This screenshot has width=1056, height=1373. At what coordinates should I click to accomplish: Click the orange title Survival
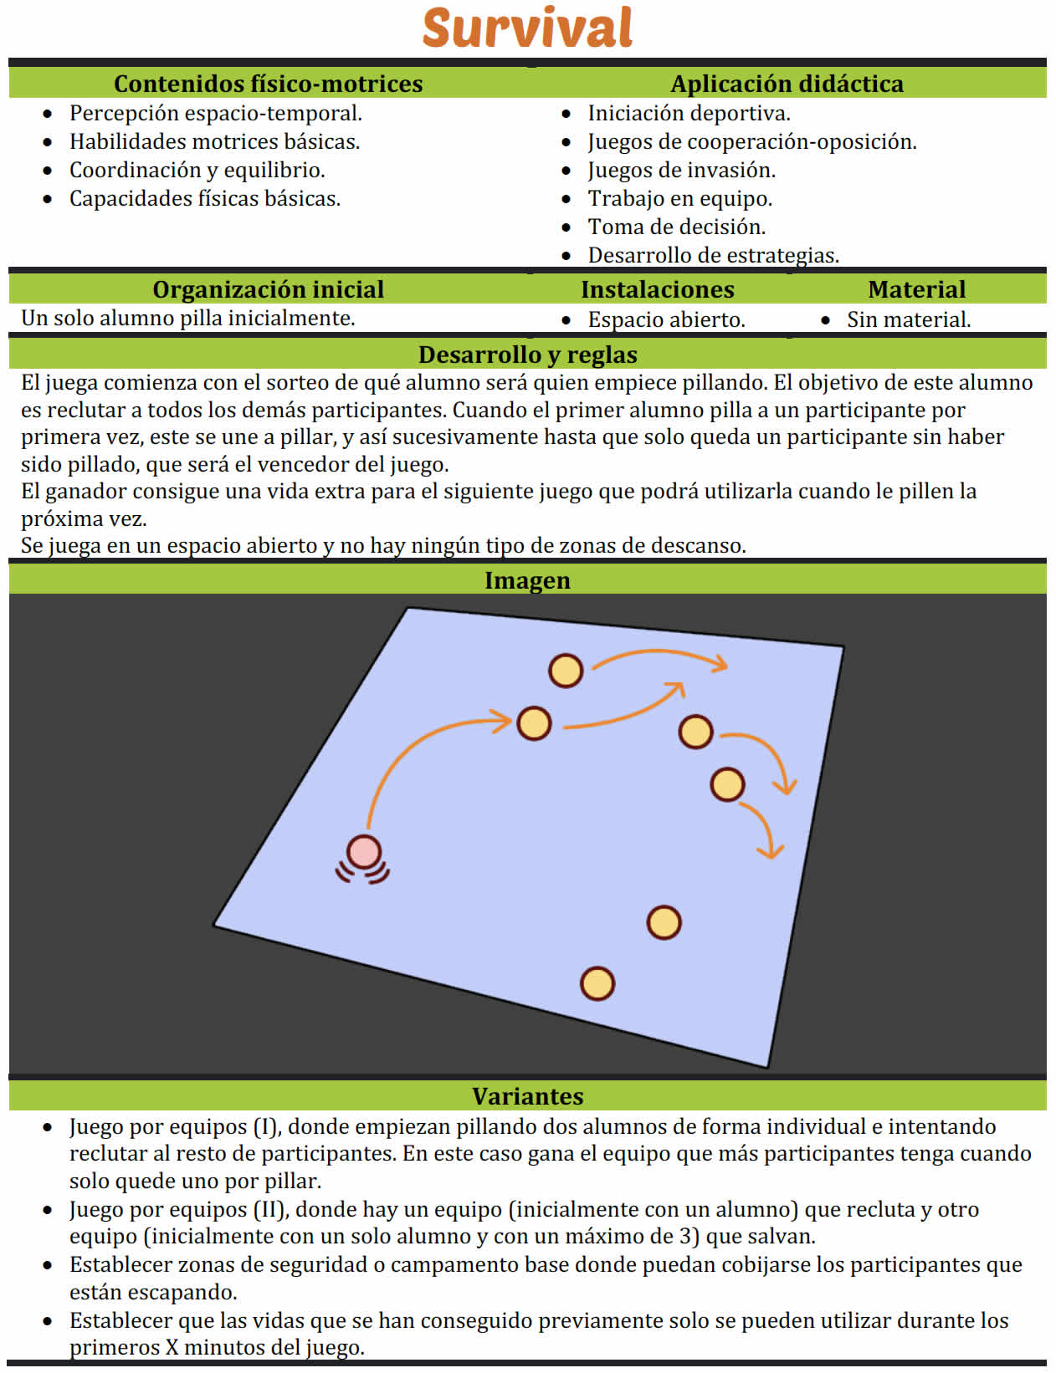pyautogui.click(x=527, y=28)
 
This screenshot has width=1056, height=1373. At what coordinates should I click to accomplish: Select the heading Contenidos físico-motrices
pyautogui.click(x=268, y=84)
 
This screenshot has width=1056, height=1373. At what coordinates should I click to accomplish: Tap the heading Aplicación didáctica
pyautogui.click(x=787, y=84)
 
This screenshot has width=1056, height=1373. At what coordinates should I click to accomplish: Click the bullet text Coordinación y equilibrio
pyautogui.click(x=197, y=170)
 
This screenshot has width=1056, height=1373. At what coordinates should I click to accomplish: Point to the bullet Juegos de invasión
pyautogui.click(x=682, y=170)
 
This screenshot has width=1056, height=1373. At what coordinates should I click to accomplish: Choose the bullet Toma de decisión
pyautogui.click(x=677, y=227)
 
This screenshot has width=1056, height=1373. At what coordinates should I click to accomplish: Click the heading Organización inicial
pyautogui.click(x=268, y=289)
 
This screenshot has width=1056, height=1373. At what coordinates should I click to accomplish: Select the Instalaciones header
pyautogui.click(x=658, y=289)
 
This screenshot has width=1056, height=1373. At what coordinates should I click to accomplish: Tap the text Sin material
pyautogui.click(x=909, y=319)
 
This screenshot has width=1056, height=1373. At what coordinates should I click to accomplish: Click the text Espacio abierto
pyautogui.click(x=666, y=319)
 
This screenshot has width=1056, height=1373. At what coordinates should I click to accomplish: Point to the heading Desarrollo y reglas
pyautogui.click(x=527, y=355)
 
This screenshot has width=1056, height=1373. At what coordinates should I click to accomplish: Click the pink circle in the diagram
pyautogui.click(x=364, y=851)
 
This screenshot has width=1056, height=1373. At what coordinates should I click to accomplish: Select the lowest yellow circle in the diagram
pyautogui.click(x=597, y=983)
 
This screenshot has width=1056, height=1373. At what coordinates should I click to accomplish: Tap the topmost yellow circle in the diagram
pyautogui.click(x=566, y=670)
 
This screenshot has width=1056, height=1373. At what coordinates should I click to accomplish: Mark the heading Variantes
pyautogui.click(x=527, y=1096)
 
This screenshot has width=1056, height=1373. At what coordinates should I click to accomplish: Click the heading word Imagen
pyautogui.click(x=527, y=580)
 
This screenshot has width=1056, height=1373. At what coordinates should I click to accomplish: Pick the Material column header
pyautogui.click(x=917, y=289)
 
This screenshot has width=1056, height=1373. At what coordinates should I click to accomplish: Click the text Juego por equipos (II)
pyautogui.click(x=179, y=1209)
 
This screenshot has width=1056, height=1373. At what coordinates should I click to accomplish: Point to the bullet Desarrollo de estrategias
pyautogui.click(x=713, y=255)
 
